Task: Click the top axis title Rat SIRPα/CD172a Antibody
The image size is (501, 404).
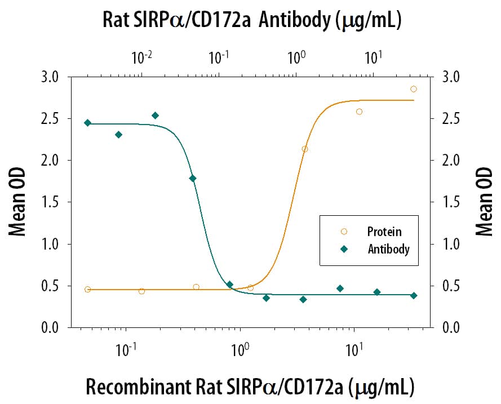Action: [251, 21]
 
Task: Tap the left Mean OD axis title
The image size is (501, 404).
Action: [17, 202]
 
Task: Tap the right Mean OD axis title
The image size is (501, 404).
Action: [483, 202]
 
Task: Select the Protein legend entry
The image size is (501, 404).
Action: [384, 232]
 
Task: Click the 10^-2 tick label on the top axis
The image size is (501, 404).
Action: [141, 57]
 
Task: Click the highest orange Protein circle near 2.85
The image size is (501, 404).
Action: [413, 89]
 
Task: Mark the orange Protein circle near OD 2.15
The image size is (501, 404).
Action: [305, 149]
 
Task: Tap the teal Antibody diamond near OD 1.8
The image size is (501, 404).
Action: [193, 179]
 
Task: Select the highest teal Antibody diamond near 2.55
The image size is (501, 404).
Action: [156, 116]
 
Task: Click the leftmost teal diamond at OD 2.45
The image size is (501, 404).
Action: [87, 123]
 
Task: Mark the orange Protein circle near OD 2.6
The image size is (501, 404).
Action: [359, 112]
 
